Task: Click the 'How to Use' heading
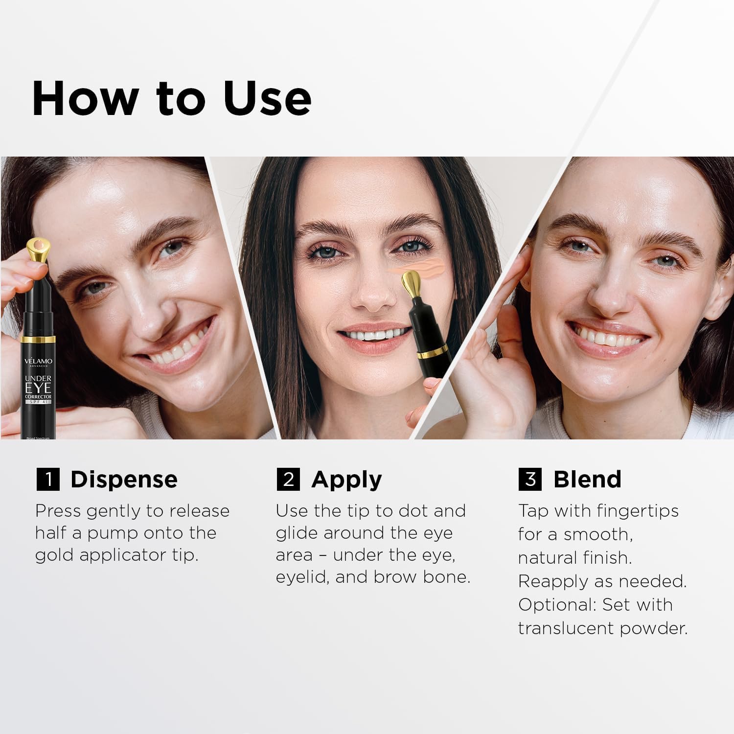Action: pos(171,98)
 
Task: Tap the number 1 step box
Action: pos(48,479)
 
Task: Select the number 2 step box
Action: pos(288,479)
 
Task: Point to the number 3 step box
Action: pos(530,479)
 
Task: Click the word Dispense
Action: pos(124,480)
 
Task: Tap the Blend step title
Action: pos(587,480)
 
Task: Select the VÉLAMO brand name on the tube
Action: pos(40,361)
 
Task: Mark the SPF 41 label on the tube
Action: pos(39,401)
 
